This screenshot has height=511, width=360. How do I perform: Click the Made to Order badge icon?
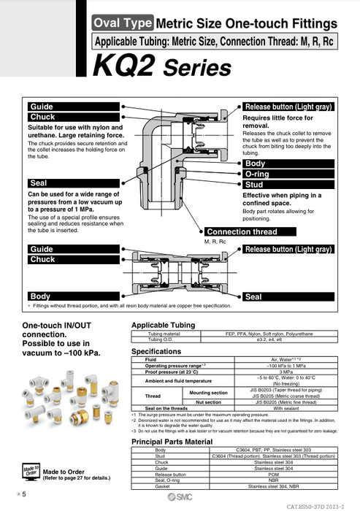tap(30, 471)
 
